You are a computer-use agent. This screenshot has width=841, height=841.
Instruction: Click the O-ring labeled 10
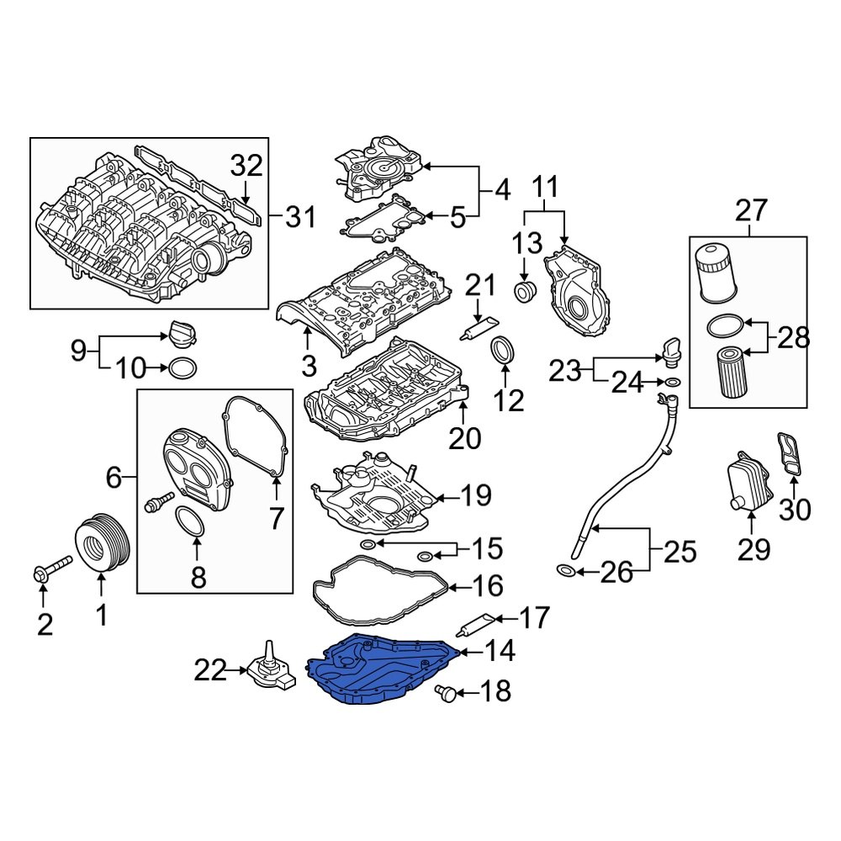click(x=184, y=368)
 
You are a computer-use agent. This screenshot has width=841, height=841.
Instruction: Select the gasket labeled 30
click(x=789, y=454)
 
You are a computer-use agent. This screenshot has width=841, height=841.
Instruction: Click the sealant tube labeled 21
click(x=479, y=330)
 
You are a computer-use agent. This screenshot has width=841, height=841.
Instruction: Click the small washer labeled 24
click(x=672, y=384)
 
